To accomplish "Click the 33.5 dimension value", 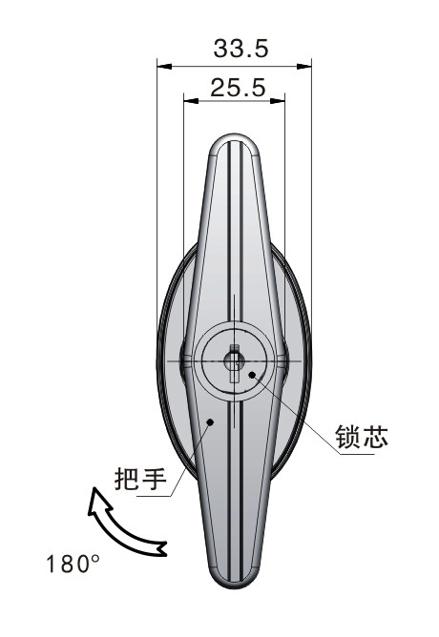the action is [241, 49].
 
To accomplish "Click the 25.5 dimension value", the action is [239, 88].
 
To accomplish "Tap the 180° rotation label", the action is [73, 565].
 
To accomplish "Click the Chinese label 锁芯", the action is [362, 437].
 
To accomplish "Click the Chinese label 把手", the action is [140, 479].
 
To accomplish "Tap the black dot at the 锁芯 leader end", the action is [252, 375].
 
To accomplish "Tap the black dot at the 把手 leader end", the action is [210, 422].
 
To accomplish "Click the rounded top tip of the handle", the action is [234, 136].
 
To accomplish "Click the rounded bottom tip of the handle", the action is [234, 586].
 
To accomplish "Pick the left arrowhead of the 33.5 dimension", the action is [164, 66].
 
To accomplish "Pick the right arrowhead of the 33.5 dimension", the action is [304, 66].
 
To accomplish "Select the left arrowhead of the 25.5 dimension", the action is [191, 101].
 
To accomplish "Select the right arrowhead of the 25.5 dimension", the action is [277, 101].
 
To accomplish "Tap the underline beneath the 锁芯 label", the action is [357, 454].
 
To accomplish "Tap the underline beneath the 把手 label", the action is [154, 496].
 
